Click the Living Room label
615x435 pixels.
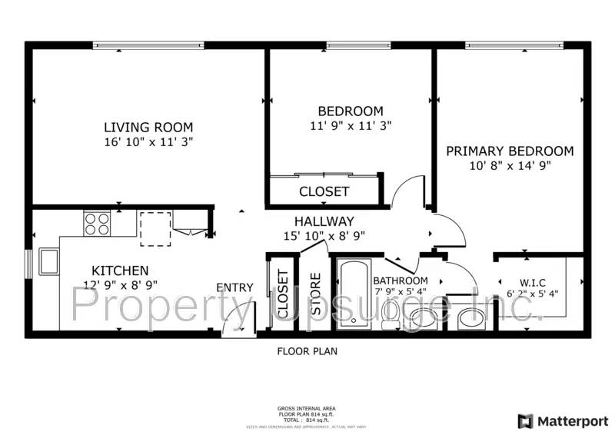148,127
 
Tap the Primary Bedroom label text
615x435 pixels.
510,151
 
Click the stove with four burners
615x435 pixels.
97,224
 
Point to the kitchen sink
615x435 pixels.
48,261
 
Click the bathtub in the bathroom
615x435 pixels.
353,294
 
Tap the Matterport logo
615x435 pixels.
563,420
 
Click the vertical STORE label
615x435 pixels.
315,294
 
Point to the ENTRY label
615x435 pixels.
234,287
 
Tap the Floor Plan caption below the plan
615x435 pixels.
307,351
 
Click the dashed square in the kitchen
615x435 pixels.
155,230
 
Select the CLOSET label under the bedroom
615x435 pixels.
324,191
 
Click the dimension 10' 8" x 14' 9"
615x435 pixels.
510,165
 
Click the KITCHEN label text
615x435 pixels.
120,271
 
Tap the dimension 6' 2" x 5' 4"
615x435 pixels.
533,293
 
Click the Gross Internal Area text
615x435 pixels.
306,409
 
